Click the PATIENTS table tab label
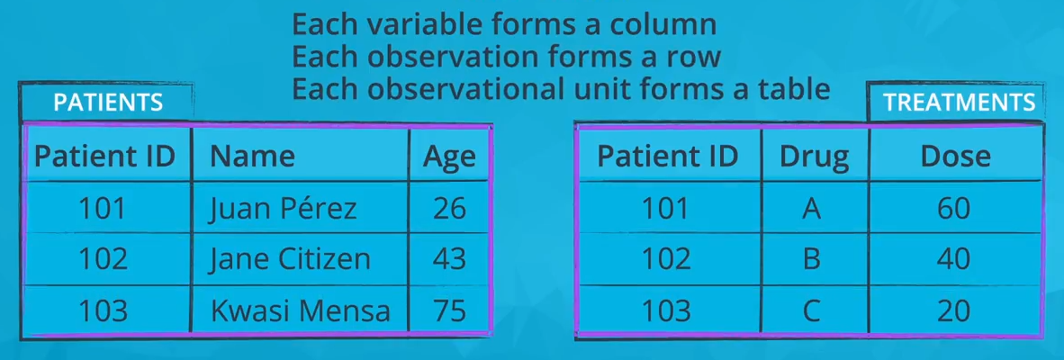click(108, 103)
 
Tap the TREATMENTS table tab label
click(959, 103)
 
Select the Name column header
click(252, 157)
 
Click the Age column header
click(449, 157)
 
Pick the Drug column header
click(814, 157)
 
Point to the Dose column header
click(955, 157)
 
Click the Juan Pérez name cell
click(283, 209)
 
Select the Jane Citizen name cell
click(290, 259)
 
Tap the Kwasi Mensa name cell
click(300, 311)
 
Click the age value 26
click(449, 209)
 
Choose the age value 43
click(449, 259)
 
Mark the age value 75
click(449, 311)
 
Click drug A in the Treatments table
click(812, 209)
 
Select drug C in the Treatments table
click(812, 311)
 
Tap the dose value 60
click(954, 209)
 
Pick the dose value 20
click(954, 311)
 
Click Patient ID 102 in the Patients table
click(103, 259)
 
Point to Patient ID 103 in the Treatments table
click(666, 311)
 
